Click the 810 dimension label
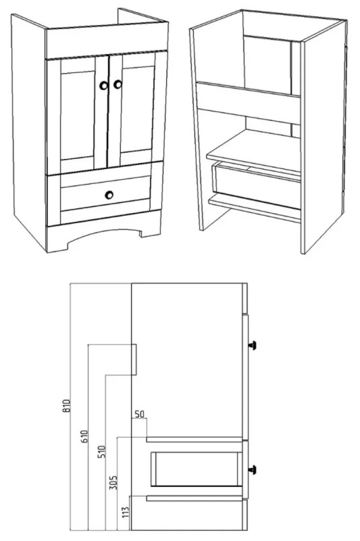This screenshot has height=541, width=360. tap(67, 405)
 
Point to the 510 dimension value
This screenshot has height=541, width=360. tap(102, 452)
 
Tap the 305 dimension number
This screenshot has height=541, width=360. tap(114, 482)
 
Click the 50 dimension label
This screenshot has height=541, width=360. tap(139, 414)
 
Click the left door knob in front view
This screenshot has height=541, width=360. tap(104, 85)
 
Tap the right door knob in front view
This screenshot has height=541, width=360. tap(118, 84)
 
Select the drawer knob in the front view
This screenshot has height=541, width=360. tap(109, 195)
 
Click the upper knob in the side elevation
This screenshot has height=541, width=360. tap(254, 345)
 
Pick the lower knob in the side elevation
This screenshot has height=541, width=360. tap(254, 470)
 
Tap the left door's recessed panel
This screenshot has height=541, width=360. tap(77, 115)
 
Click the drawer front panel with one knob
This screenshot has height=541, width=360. tap(105, 194)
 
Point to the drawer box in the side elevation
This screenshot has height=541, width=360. tap(197, 468)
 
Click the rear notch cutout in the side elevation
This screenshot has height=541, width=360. tap(134, 360)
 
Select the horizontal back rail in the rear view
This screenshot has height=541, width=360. tap(249, 103)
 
